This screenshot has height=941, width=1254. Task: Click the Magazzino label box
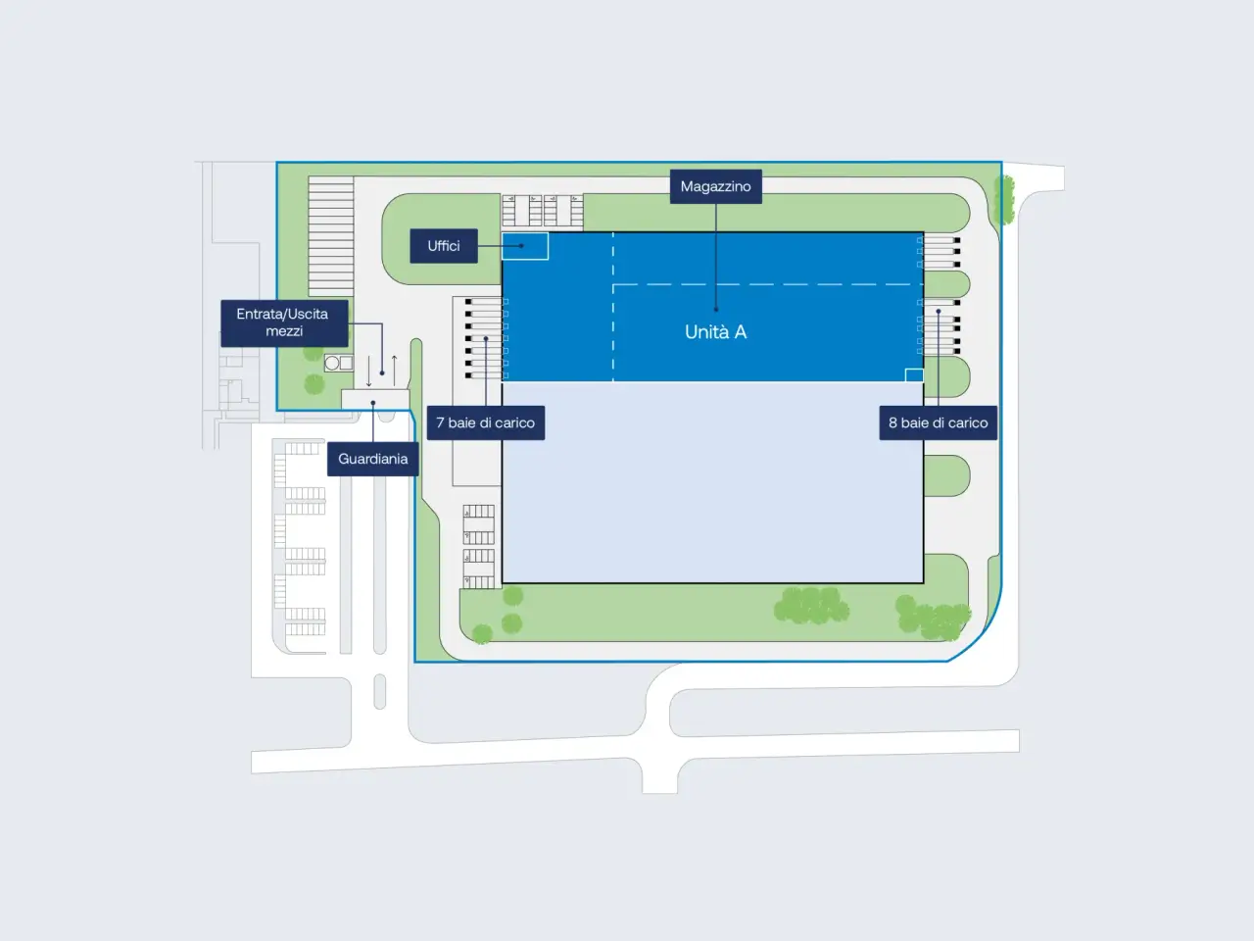pos(716,186)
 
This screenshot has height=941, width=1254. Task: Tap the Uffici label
pos(444,246)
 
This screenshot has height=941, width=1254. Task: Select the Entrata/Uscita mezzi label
pos(284,322)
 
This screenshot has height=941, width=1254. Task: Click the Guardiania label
pos(373,459)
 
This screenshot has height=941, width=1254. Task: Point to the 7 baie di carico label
pos(486,422)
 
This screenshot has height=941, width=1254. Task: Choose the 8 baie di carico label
pos(939,422)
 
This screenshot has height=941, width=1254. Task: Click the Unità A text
pos(716,332)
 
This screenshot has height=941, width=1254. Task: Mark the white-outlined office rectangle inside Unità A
pos(525,246)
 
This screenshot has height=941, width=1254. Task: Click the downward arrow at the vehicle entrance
pos(369,371)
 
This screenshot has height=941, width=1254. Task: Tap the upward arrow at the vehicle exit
pos(394,370)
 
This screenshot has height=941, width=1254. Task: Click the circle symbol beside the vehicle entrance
pos(332,363)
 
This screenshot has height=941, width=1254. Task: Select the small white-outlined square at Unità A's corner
pos(914,374)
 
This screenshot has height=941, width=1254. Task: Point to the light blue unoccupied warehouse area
pos(712,482)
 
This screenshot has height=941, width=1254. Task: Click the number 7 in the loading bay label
pos(440,422)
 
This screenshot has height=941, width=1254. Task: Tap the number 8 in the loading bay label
pos(892,422)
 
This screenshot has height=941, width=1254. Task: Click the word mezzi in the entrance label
pos(284,331)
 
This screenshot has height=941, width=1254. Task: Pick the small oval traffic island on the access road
pos(380,691)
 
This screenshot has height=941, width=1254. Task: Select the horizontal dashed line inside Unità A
pos(768,284)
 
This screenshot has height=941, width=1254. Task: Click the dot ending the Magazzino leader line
pos(716,309)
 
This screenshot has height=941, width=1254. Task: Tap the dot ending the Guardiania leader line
pos(373,403)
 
